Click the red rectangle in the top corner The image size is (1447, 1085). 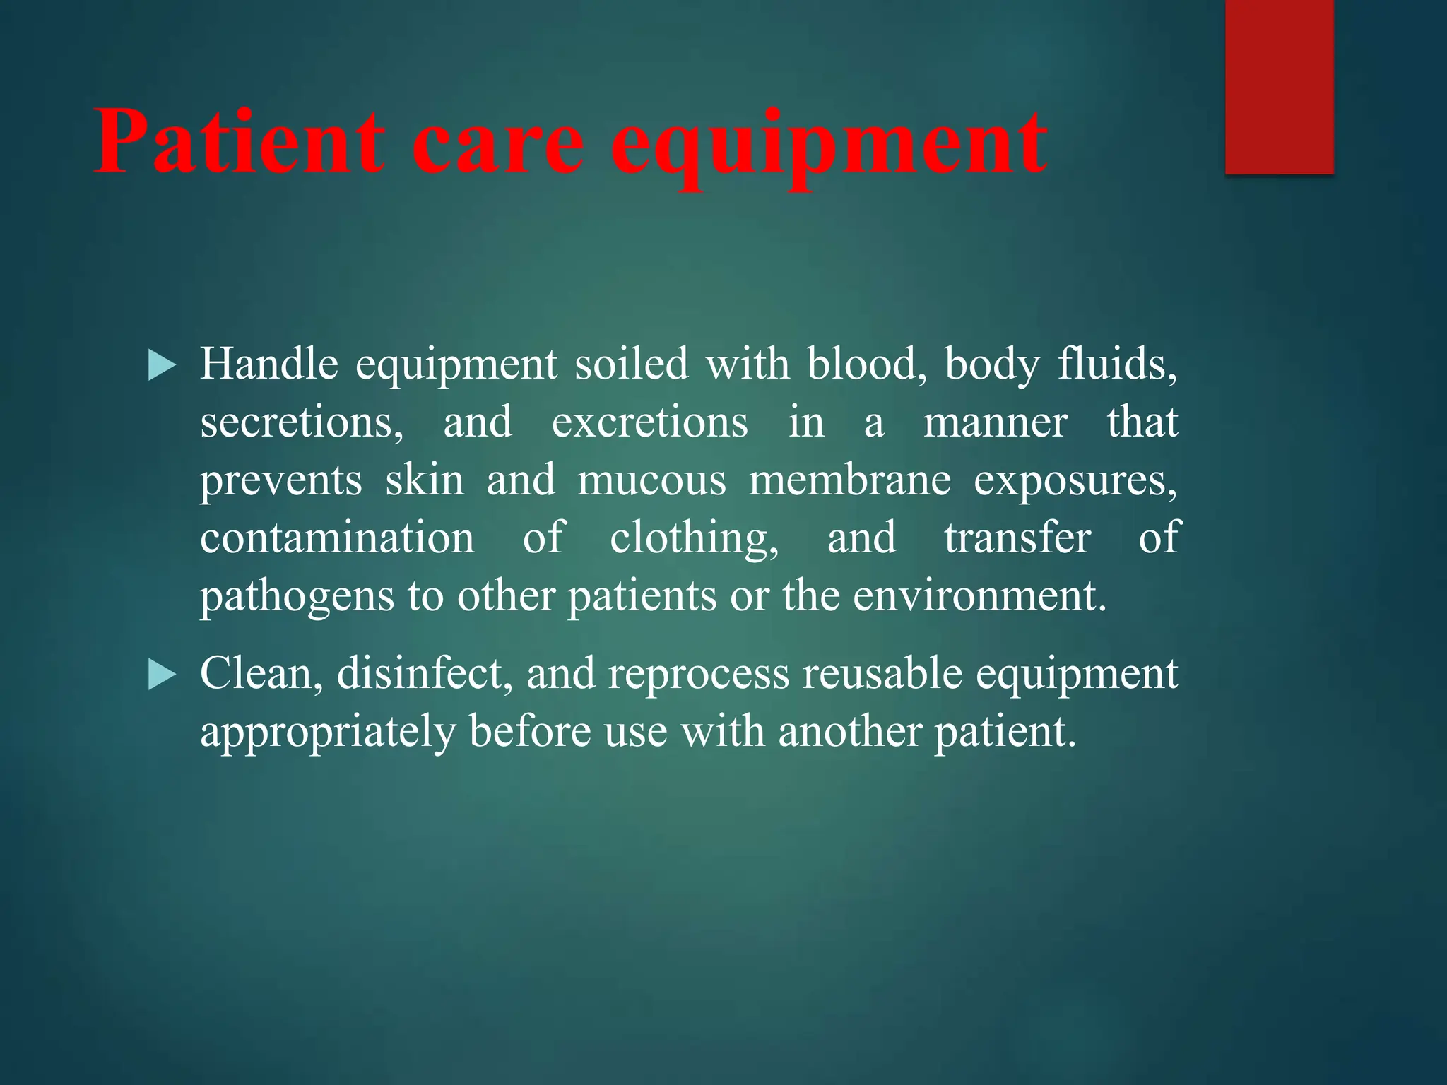(x=1279, y=86)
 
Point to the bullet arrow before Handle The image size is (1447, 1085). (x=162, y=367)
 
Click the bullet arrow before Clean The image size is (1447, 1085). (x=162, y=675)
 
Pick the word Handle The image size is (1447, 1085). (x=269, y=364)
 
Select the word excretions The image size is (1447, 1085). (x=649, y=422)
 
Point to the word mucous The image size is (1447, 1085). (x=651, y=480)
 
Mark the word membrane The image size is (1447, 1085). (x=849, y=480)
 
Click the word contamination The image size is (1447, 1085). (x=337, y=538)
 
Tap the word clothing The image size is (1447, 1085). (x=694, y=538)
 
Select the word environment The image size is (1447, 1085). (x=979, y=596)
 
